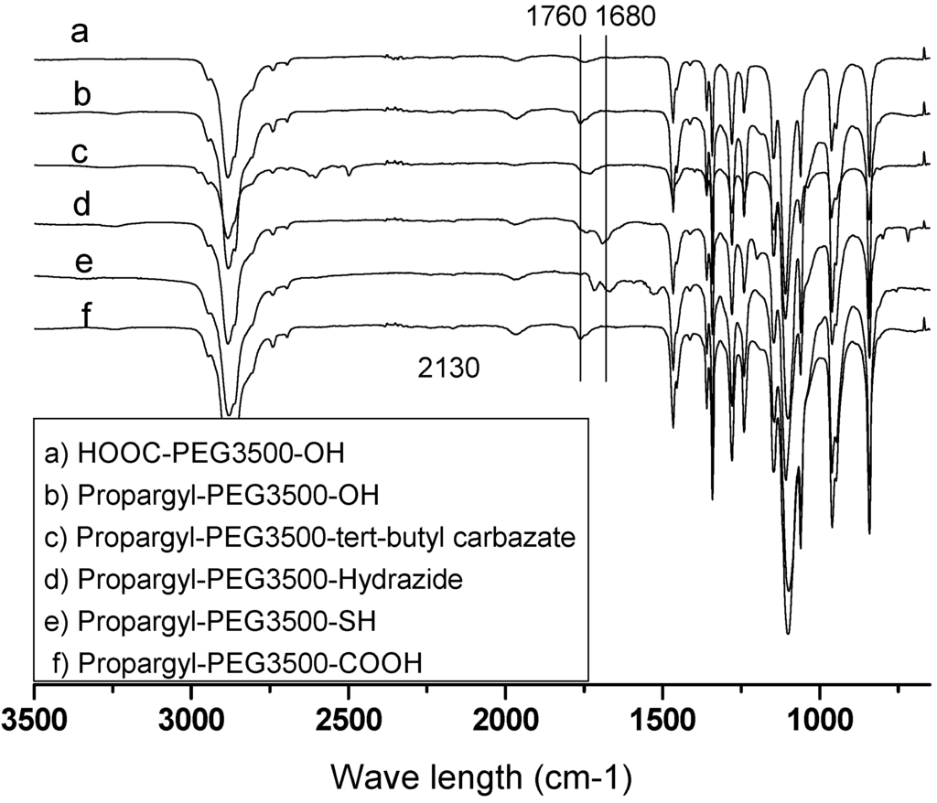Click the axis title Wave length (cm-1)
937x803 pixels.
coord(481,777)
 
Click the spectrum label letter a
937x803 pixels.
coord(81,34)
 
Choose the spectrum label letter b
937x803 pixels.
coord(81,95)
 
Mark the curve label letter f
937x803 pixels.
coord(87,316)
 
